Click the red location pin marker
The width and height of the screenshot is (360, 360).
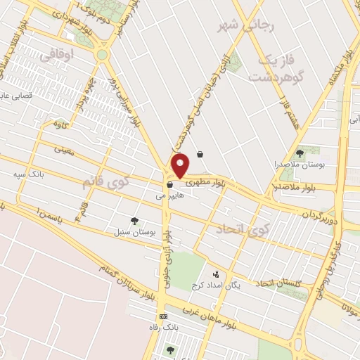181,167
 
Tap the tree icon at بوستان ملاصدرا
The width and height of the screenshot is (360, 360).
300,152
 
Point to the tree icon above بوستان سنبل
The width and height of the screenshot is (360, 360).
134,221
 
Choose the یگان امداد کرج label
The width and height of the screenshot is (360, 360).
214,285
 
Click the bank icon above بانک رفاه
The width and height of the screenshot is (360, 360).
164,316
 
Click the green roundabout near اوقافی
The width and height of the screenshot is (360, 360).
103,53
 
